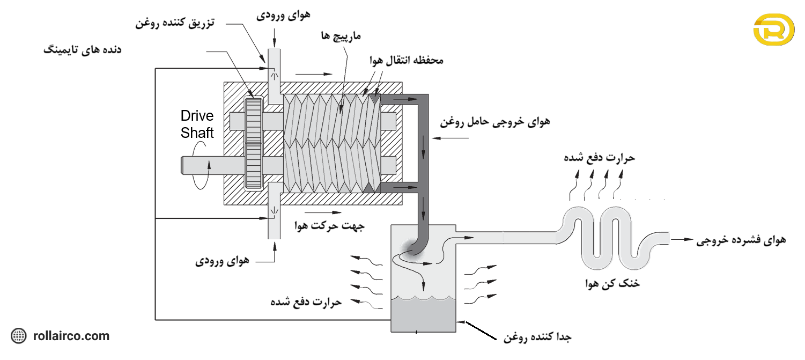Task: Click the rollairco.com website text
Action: tap(71, 336)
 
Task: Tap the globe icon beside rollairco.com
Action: tap(19, 336)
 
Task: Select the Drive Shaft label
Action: tap(197, 124)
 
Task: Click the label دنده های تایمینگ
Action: tap(82, 50)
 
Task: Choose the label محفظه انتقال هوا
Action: tap(406, 61)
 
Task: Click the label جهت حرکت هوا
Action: tap(329, 226)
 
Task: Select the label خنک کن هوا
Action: tap(612, 283)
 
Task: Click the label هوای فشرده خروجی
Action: tap(741, 240)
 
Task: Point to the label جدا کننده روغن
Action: tap(537, 337)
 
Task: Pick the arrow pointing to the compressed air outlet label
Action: tap(681, 240)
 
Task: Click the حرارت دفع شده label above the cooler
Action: tap(599, 158)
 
